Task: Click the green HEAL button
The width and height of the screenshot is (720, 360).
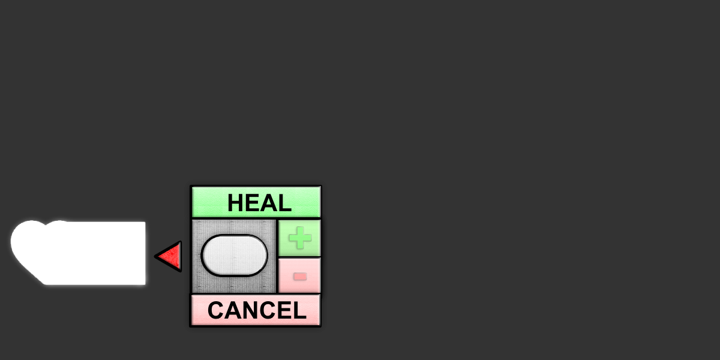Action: pos(256,202)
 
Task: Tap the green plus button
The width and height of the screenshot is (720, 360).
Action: pos(299,238)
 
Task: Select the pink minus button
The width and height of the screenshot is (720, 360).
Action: pos(299,276)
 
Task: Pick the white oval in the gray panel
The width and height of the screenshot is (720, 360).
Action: pos(235,256)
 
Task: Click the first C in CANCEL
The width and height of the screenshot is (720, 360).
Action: pos(215,310)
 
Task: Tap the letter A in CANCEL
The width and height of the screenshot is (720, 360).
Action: pos(232,310)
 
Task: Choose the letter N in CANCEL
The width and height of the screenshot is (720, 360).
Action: pos(250,310)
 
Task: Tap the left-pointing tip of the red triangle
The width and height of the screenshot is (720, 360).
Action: pos(155,257)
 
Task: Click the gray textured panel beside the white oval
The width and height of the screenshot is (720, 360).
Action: pos(234,256)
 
